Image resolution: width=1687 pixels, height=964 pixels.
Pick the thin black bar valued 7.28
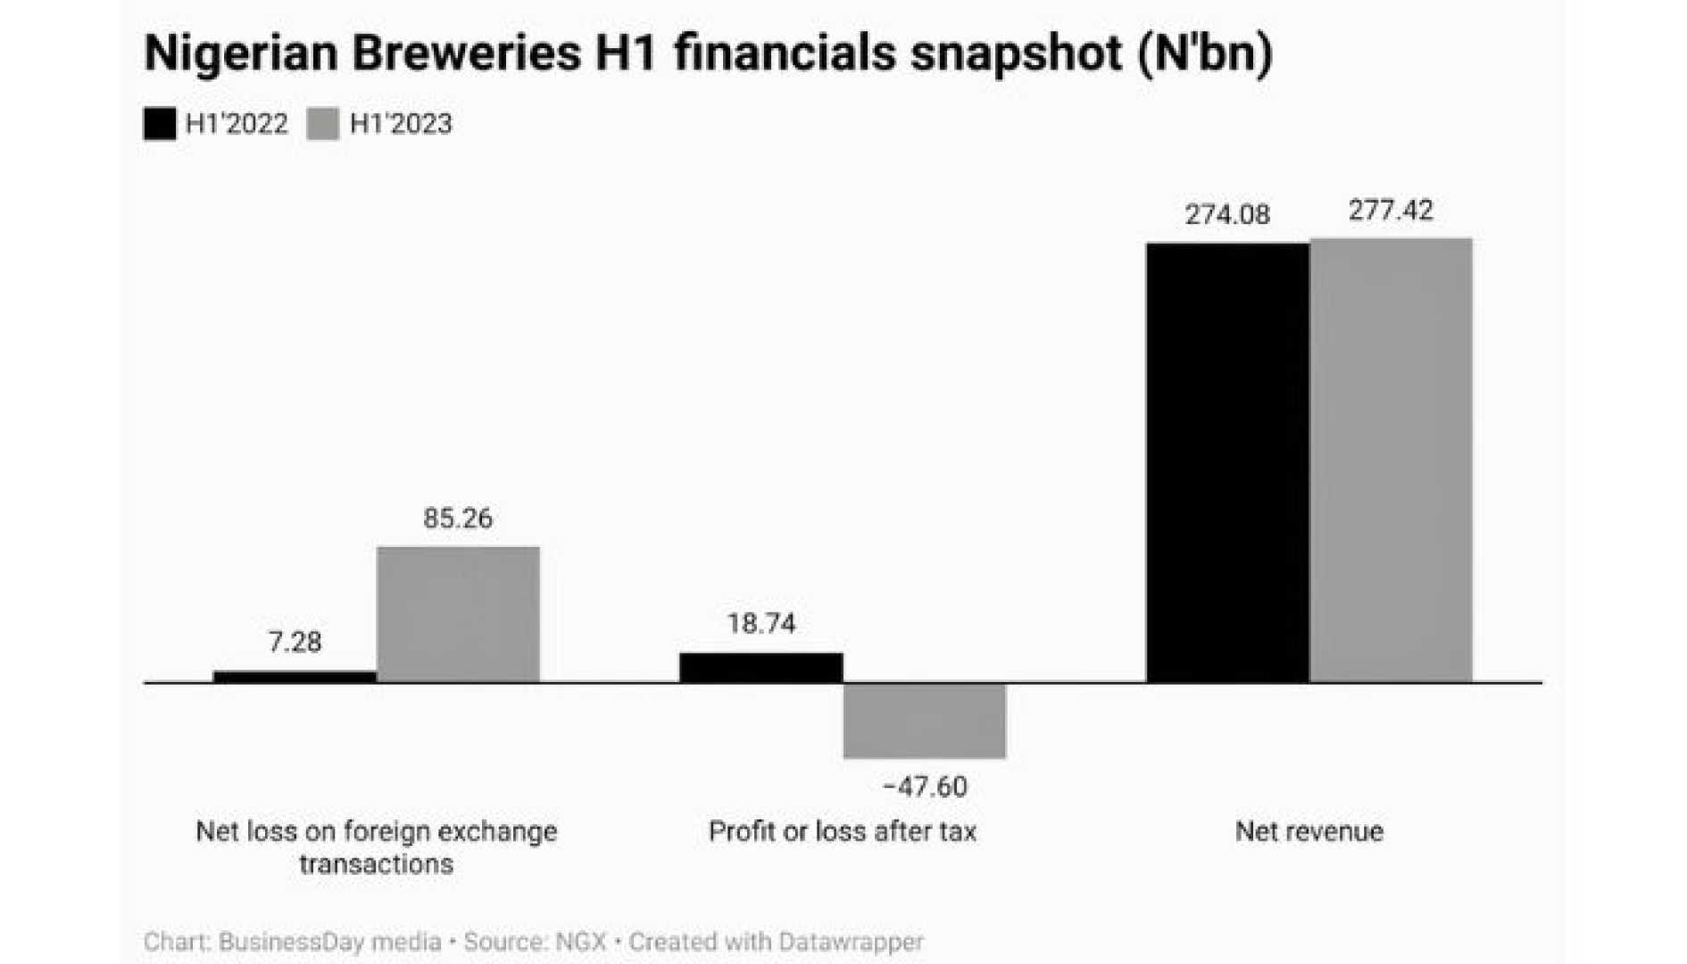tap(295, 677)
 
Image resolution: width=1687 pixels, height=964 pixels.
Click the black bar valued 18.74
tap(760, 668)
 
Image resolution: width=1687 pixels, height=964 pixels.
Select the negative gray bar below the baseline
tap(924, 721)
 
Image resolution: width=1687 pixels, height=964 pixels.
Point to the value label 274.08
tap(1227, 215)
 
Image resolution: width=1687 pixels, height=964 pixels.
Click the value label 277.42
tap(1391, 211)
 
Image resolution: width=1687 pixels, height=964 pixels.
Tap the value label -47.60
tap(924, 786)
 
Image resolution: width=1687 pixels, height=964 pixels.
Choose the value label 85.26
tap(458, 519)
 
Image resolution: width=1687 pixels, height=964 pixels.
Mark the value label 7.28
tap(295, 642)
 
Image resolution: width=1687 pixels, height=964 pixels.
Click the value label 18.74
tap(760, 623)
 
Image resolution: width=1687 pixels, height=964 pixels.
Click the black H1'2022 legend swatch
tap(160, 124)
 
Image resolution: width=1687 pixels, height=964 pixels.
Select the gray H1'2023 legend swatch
tap(323, 124)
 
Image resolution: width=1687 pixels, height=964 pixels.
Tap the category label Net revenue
tap(1309, 832)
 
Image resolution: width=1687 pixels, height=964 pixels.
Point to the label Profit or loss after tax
tap(842, 832)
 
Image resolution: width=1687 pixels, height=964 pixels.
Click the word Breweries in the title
tap(466, 53)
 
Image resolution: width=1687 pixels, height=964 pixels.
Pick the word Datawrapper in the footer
tap(851, 942)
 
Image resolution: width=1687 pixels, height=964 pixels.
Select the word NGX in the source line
tap(581, 942)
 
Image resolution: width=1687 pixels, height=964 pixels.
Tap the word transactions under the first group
tap(376, 864)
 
